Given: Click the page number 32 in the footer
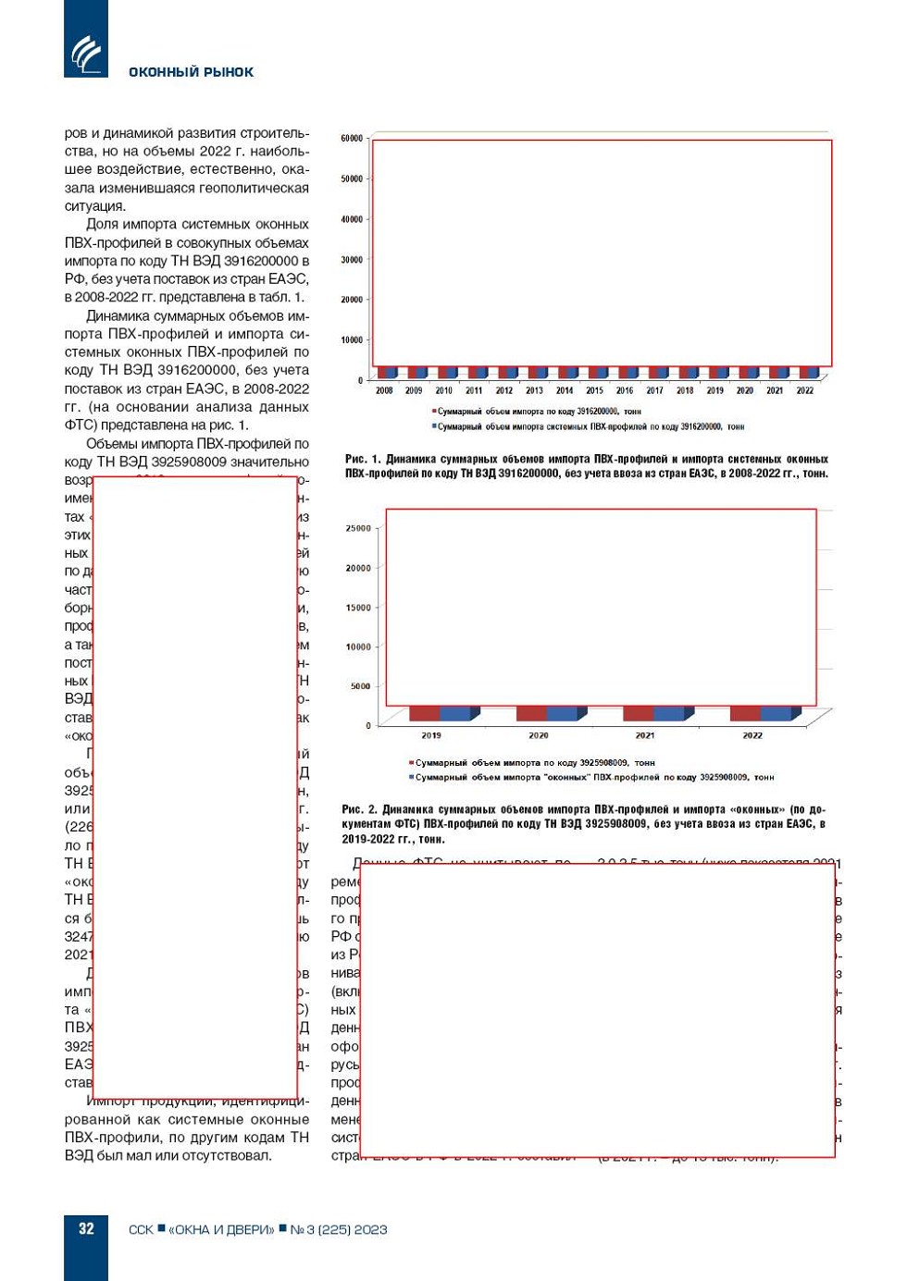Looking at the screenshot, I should (86, 1229).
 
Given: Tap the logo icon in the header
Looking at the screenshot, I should (86, 54).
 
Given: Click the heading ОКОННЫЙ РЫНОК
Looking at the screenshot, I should (191, 72).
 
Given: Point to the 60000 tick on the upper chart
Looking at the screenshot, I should (352, 139).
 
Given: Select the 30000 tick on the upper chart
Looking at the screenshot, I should (352, 260).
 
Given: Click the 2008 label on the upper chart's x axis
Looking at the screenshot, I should (384, 390).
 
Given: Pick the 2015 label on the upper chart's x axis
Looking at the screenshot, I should (594, 390).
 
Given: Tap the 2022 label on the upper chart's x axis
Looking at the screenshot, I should (805, 390).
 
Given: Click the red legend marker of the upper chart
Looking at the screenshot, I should (434, 411).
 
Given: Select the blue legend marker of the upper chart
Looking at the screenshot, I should (434, 426).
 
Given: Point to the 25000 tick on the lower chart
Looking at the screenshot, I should (358, 529).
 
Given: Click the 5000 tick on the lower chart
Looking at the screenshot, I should (360, 686).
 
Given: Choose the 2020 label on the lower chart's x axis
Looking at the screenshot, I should (539, 736).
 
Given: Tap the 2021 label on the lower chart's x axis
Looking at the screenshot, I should (645, 736).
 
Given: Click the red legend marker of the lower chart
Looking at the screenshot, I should (412, 763).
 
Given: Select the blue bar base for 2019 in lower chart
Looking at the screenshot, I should (455, 714).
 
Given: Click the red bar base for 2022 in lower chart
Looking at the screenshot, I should (745, 714).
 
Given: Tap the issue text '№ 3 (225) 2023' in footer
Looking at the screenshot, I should (339, 1230).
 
